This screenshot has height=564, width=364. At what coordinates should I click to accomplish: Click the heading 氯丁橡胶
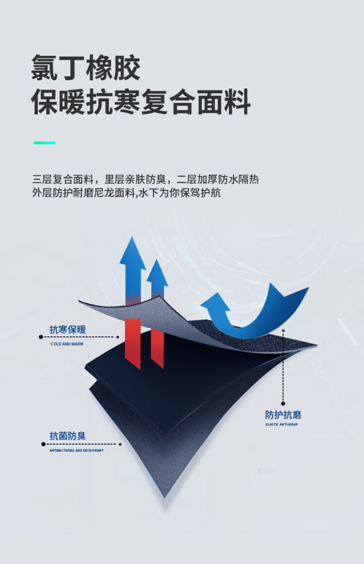pyautogui.click(x=86, y=68)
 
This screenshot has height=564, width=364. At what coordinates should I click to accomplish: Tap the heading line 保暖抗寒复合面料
pyautogui.click(x=141, y=103)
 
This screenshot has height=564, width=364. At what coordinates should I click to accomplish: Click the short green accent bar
pyautogui.click(x=45, y=143)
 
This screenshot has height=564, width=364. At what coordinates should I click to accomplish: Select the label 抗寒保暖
pyautogui.click(x=67, y=329)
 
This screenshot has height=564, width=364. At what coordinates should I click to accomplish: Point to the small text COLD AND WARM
pyautogui.click(x=67, y=344)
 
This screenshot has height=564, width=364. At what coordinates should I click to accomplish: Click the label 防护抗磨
pyautogui.click(x=283, y=415)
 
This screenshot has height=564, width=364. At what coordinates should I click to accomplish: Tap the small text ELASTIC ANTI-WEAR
pyautogui.click(x=281, y=425)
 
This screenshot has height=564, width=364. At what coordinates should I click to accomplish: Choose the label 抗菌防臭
pyautogui.click(x=67, y=436)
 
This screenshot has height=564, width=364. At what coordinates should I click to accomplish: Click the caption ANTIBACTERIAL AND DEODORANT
pyautogui.click(x=76, y=450)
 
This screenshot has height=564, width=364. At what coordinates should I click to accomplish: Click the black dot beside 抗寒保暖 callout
pyautogui.click(x=40, y=336)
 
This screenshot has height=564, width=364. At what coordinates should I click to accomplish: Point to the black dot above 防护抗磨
pyautogui.click(x=283, y=403)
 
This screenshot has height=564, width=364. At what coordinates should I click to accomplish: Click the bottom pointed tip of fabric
pyautogui.click(x=165, y=496)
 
